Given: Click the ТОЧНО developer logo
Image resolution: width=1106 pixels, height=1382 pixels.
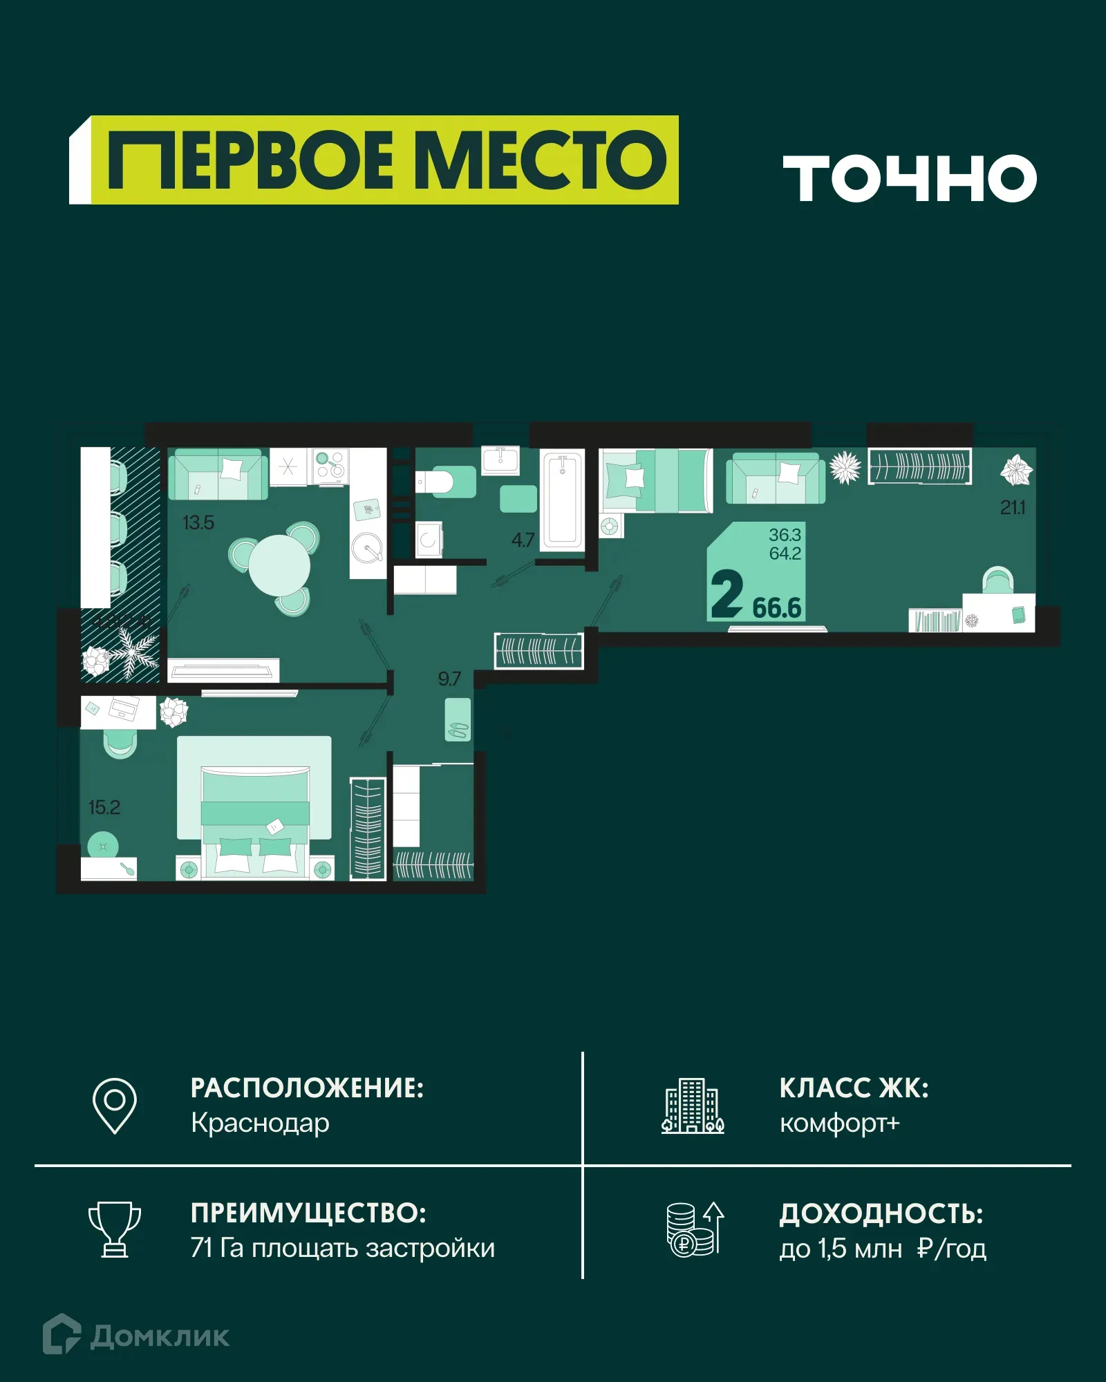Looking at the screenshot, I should click(x=910, y=178).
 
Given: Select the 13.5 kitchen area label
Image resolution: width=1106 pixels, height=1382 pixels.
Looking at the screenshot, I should click(x=198, y=523).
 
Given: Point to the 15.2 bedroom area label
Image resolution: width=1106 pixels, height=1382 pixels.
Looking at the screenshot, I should click(x=104, y=807).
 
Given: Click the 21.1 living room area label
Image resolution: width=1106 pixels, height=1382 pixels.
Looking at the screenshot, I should click(x=1013, y=508).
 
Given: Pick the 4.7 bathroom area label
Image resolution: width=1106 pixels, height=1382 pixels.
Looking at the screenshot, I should click(x=523, y=540).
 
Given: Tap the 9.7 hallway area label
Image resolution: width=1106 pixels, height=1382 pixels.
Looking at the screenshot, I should click(x=449, y=679).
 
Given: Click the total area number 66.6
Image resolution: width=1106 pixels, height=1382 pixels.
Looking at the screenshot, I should click(x=776, y=608).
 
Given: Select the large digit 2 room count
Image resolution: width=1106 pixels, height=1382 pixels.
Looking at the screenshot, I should click(x=727, y=594).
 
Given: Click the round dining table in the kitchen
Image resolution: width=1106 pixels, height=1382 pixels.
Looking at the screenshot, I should click(x=279, y=565).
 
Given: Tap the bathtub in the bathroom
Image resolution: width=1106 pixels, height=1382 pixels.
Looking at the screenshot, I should click(x=562, y=499).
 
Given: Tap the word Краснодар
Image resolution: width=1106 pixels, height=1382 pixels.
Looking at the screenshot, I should click(x=260, y=1123).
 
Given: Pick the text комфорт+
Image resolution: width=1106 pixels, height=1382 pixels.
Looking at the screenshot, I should click(x=839, y=1123).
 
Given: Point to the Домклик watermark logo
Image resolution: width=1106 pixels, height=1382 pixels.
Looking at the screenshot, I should click(x=136, y=1336).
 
